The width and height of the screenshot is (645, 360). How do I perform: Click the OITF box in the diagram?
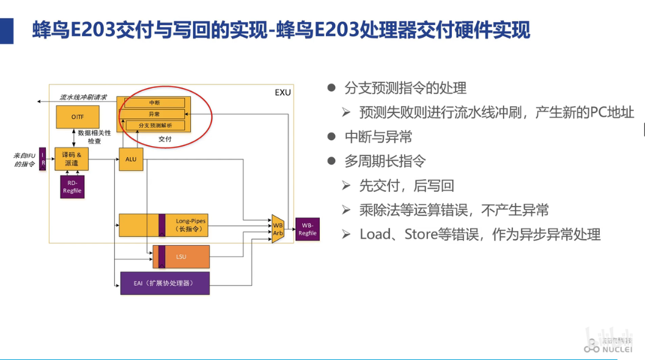click(77, 117)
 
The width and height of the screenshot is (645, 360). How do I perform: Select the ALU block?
click(130, 160)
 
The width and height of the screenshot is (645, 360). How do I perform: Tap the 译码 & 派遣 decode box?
click(72, 159)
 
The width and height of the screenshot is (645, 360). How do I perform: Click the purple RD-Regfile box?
click(72, 186)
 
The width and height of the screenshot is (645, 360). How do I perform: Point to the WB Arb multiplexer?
click(278, 229)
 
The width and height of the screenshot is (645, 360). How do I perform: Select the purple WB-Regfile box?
click(308, 229)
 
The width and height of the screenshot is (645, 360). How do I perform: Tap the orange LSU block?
click(181, 257)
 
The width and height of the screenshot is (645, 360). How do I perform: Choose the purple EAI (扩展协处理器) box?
click(165, 283)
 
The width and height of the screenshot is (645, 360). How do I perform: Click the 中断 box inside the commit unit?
click(155, 103)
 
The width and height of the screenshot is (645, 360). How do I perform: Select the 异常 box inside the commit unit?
click(155, 114)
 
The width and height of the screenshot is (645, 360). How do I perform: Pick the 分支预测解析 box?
click(155, 125)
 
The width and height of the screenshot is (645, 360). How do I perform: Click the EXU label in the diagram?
click(282, 92)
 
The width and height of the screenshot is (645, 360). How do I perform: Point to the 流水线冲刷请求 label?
click(83, 97)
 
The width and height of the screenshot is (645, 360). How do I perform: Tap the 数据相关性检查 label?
click(95, 136)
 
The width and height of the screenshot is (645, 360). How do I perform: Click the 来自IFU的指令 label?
click(24, 160)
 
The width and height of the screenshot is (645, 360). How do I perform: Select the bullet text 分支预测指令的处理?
click(405, 88)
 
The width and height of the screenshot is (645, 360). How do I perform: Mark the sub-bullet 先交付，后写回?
click(406, 186)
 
